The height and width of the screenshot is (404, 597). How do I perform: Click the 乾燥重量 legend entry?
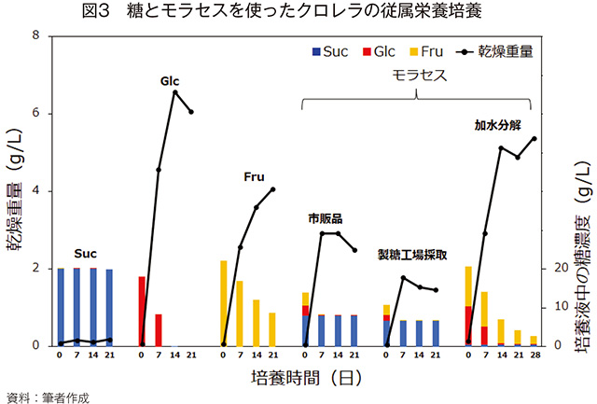point(494,51)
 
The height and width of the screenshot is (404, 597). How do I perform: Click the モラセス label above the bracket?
point(417,75)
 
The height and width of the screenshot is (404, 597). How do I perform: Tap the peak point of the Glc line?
point(174,91)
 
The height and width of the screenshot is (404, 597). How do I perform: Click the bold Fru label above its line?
point(254,175)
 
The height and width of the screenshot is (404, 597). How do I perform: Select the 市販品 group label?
point(326,218)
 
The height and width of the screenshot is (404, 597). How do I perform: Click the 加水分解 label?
point(497,124)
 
